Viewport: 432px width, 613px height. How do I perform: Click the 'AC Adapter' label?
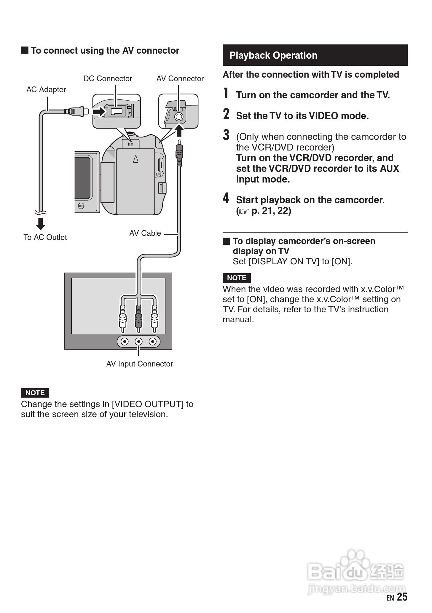(x=46, y=89)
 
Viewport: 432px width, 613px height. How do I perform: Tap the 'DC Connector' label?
(x=108, y=79)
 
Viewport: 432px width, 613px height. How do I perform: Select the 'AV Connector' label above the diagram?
(x=180, y=79)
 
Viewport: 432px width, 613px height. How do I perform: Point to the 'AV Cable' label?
(x=145, y=233)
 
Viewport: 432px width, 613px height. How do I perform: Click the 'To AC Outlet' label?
(x=45, y=237)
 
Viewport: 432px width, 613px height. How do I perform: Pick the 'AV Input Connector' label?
(x=139, y=364)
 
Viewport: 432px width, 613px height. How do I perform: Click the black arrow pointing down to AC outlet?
(x=41, y=224)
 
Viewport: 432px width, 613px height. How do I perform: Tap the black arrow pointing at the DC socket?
(x=99, y=112)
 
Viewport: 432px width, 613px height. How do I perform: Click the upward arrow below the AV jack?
(x=179, y=130)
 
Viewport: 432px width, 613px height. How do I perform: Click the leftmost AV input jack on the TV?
(x=125, y=342)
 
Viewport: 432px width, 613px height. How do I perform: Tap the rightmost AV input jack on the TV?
(x=153, y=342)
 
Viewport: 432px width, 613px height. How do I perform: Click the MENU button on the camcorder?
(x=81, y=206)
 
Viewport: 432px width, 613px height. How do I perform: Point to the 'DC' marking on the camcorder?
(x=130, y=144)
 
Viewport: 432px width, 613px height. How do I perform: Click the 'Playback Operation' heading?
(x=273, y=55)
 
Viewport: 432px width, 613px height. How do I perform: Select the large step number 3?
(x=226, y=135)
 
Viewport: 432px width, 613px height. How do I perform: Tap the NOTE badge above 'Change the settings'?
(x=35, y=393)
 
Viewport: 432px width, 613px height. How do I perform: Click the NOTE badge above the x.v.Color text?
(x=237, y=278)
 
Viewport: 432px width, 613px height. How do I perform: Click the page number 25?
(x=402, y=597)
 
